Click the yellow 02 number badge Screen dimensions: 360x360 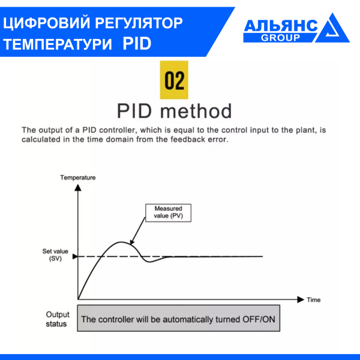[175, 80]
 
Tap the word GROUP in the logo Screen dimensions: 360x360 [280, 37]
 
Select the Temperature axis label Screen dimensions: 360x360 [78, 178]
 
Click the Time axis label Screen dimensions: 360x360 [313, 299]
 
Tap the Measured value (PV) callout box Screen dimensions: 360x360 [169, 212]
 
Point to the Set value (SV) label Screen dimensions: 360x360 [51, 254]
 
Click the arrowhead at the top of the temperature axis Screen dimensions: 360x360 [77, 188]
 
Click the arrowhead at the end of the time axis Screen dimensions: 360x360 [300, 298]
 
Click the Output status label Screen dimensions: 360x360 [58, 319]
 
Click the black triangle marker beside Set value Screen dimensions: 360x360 [74, 257]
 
